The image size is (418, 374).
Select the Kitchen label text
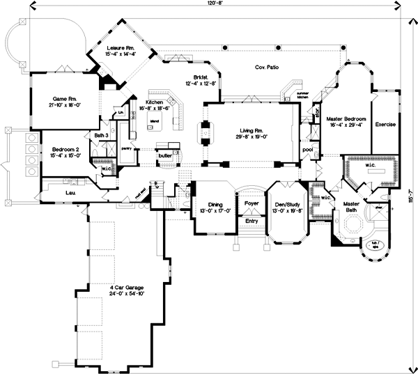154,102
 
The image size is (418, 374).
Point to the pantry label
127,148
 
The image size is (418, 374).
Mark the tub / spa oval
373,244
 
